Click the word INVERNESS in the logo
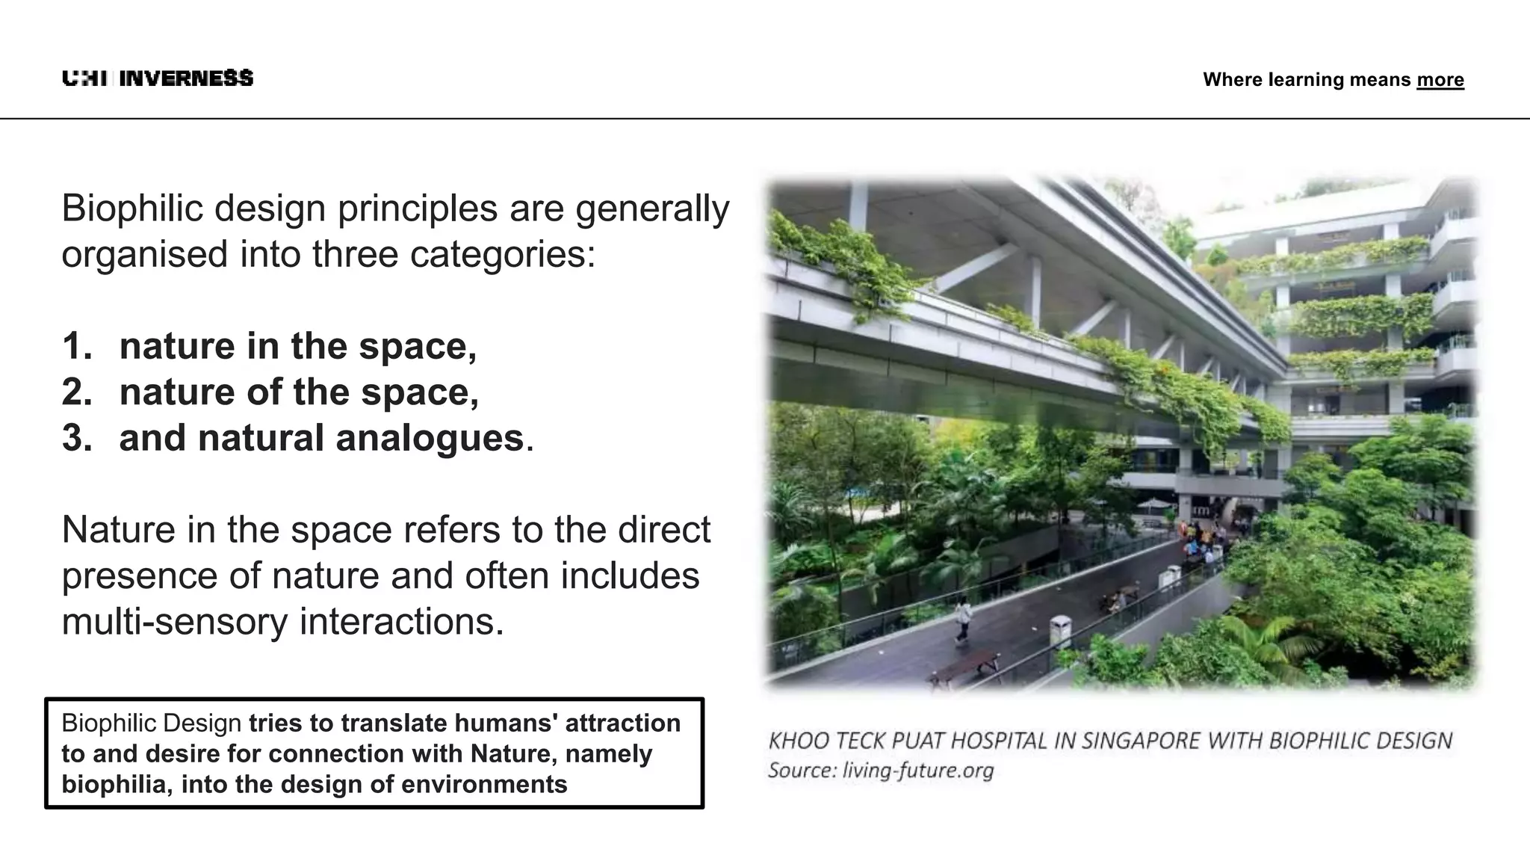point(186,78)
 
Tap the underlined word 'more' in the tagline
point(1440,80)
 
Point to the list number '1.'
point(77,346)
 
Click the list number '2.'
point(77,392)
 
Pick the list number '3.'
point(77,438)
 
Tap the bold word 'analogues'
point(430,438)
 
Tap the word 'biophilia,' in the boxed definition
point(117,785)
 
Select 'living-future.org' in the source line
point(918,771)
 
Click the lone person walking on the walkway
point(964,618)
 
